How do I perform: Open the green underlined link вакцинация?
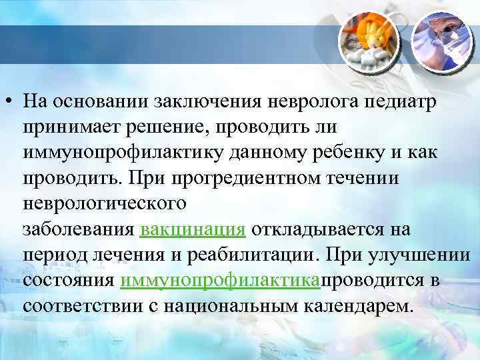pyautogui.click(x=193, y=230)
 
